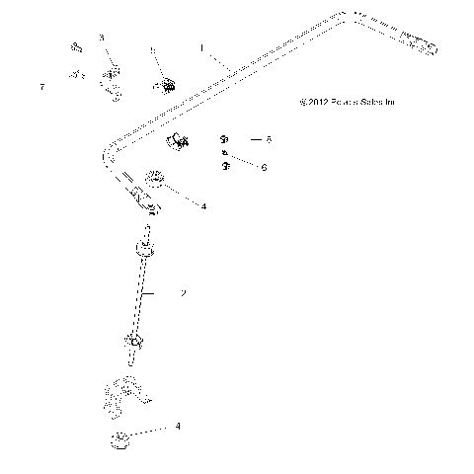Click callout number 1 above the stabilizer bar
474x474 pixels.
201,46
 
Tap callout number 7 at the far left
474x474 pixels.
42,88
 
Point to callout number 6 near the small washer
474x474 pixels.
265,167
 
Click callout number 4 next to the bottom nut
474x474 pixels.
178,427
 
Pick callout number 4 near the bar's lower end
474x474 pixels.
203,206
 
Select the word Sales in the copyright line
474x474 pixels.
377,101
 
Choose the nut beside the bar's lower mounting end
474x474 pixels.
156,180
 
